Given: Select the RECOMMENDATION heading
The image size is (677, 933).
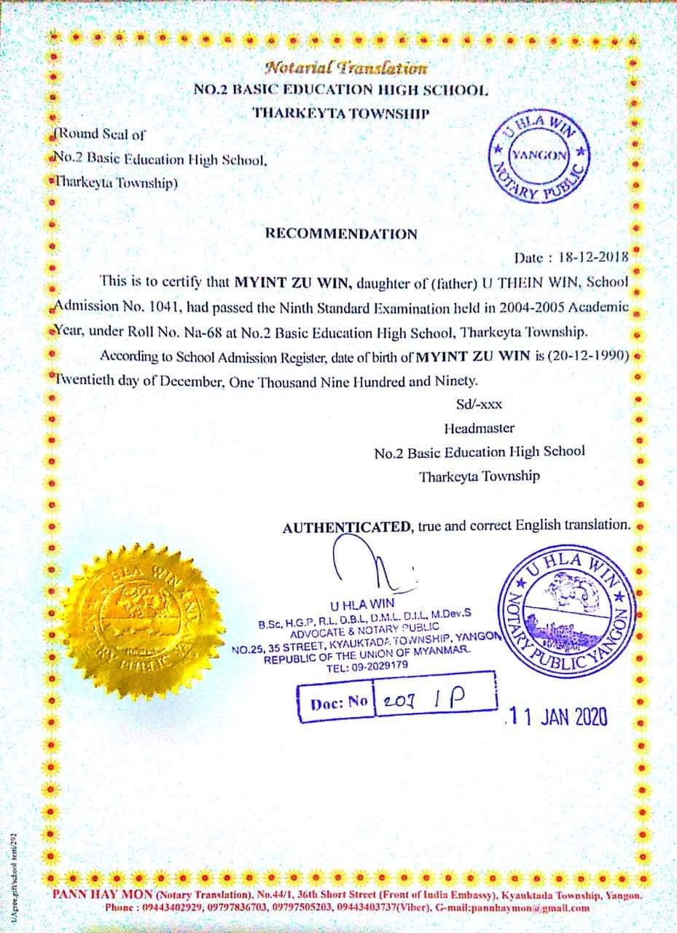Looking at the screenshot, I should pyautogui.click(x=341, y=234).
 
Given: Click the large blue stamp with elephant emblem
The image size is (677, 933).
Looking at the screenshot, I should pyautogui.click(x=569, y=611).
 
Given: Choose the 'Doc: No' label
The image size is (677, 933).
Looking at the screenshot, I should pyautogui.click(x=339, y=703).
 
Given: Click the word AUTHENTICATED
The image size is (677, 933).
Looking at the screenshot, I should pyautogui.click(x=347, y=526).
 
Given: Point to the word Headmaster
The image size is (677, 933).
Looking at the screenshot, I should pyautogui.click(x=479, y=428).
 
